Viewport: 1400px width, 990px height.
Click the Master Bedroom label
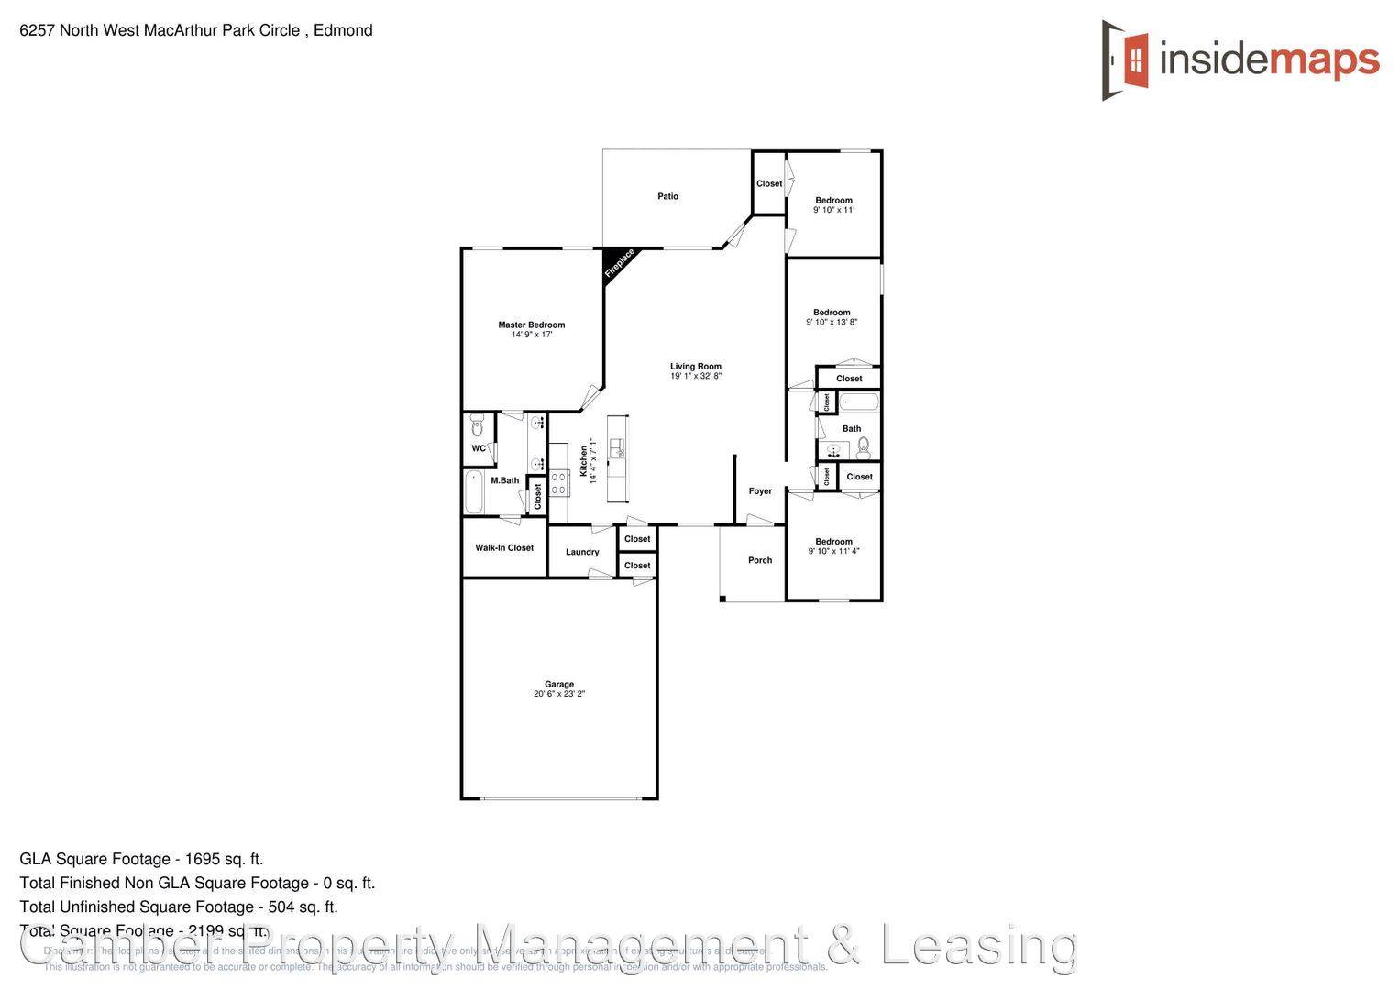531,324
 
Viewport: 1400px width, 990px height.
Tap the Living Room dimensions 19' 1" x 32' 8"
696,376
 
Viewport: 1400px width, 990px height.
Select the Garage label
559,684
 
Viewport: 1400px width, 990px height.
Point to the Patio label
667,196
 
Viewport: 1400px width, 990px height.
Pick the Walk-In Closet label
504,548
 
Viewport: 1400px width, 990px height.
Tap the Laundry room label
582,552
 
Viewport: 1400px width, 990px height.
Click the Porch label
760,560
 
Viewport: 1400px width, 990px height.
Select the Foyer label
760,491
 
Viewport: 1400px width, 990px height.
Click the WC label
479,448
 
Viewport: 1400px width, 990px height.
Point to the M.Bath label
504,480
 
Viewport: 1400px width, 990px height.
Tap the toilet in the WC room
477,426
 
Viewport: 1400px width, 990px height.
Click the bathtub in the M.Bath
474,492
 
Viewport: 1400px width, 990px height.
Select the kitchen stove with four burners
559,483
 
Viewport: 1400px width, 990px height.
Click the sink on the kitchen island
617,448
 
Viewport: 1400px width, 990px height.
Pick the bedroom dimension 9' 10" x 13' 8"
832,323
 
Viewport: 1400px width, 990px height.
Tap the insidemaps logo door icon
1127,60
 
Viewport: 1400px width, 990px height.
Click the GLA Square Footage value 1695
204,859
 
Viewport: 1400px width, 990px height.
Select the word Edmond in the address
343,30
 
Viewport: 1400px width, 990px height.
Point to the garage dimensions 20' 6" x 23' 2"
559,694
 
